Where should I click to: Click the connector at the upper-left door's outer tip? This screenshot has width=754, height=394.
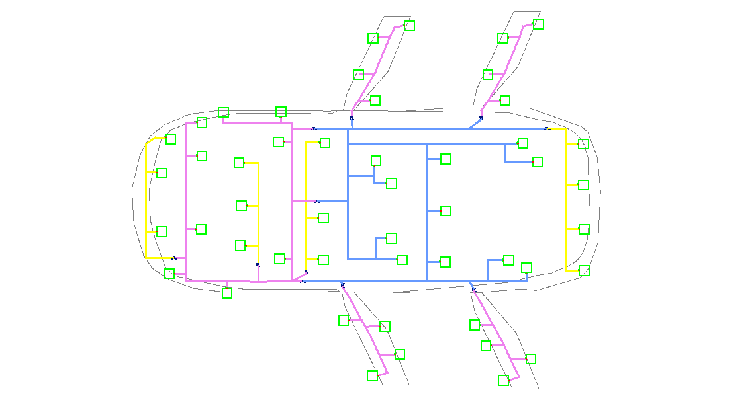pyautogui.click(x=409, y=26)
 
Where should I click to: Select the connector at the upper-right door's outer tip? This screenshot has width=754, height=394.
pyautogui.click(x=538, y=24)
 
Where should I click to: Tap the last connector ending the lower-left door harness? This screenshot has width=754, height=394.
pyautogui.click(x=372, y=375)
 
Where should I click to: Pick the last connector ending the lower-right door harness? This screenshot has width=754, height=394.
pyautogui.click(x=503, y=380)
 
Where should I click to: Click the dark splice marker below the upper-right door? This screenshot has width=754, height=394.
pyautogui.click(x=481, y=118)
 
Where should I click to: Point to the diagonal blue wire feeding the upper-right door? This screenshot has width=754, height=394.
pyautogui.click(x=475, y=123)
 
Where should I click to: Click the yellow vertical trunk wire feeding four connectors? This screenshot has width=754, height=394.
pyautogui.click(x=567, y=198)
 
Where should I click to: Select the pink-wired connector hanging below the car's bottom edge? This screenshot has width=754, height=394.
pyautogui.click(x=227, y=293)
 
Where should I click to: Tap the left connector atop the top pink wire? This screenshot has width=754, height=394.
pyautogui.click(x=223, y=112)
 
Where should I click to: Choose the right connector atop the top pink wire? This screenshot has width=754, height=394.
pyautogui.click(x=281, y=112)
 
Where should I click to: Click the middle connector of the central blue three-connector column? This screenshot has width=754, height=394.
pyautogui.click(x=446, y=211)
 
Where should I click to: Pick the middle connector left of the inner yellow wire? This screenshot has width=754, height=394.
pyautogui.click(x=241, y=206)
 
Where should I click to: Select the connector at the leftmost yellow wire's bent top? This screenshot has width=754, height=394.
pyautogui.click(x=170, y=139)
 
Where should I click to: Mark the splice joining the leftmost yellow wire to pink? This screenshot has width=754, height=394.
pyautogui.click(x=175, y=258)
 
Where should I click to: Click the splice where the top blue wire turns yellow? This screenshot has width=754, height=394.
pyautogui.click(x=547, y=128)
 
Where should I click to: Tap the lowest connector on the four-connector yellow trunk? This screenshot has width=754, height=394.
pyautogui.click(x=584, y=270)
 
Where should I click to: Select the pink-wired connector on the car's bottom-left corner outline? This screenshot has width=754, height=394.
pyautogui.click(x=169, y=274)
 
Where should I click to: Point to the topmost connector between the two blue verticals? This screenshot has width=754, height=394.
pyautogui.click(x=376, y=161)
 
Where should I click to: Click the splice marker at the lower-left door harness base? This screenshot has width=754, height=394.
pyautogui.click(x=342, y=284)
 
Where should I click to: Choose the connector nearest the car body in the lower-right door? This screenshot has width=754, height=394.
pyautogui.click(x=475, y=325)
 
